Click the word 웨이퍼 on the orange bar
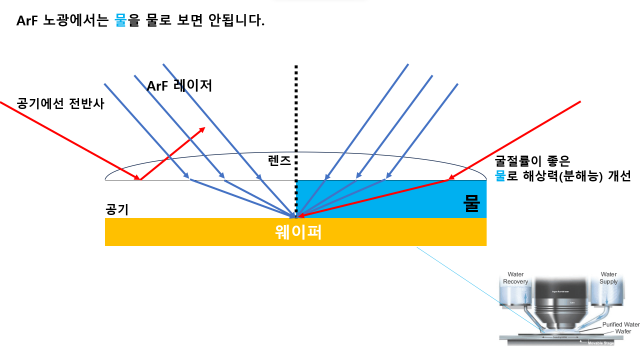(x=295, y=232)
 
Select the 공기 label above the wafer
(x=116, y=210)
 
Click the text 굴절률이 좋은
(x=534, y=160)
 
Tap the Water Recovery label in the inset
(x=516, y=278)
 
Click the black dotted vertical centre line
(x=296, y=120)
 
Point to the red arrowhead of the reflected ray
(x=204, y=129)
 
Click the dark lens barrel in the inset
(x=560, y=300)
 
